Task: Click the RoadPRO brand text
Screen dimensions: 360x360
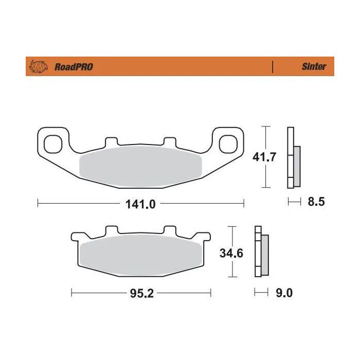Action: (73, 67)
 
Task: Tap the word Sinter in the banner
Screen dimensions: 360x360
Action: (313, 67)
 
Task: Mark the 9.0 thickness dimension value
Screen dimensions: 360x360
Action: (284, 293)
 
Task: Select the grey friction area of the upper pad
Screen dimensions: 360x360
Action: (140, 166)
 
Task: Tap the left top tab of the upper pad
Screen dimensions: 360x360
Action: (111, 141)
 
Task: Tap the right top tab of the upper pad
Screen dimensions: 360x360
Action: (170, 141)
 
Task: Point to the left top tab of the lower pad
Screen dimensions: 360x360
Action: (111, 230)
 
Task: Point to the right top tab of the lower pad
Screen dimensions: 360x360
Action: (170, 230)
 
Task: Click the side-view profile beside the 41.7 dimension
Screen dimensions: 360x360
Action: (294, 157)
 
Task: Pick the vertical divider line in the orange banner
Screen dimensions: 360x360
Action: (273, 67)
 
